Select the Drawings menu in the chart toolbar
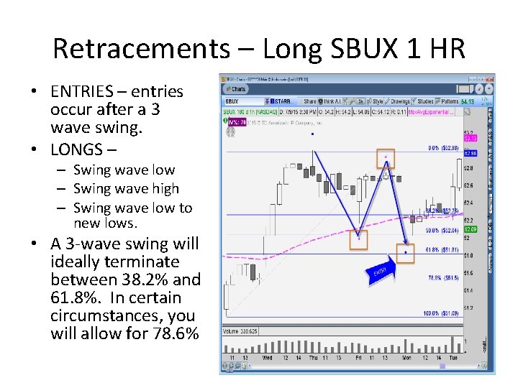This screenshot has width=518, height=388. (400, 101)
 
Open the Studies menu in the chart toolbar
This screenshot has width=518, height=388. (425, 101)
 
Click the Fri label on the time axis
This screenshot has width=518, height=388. (358, 357)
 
